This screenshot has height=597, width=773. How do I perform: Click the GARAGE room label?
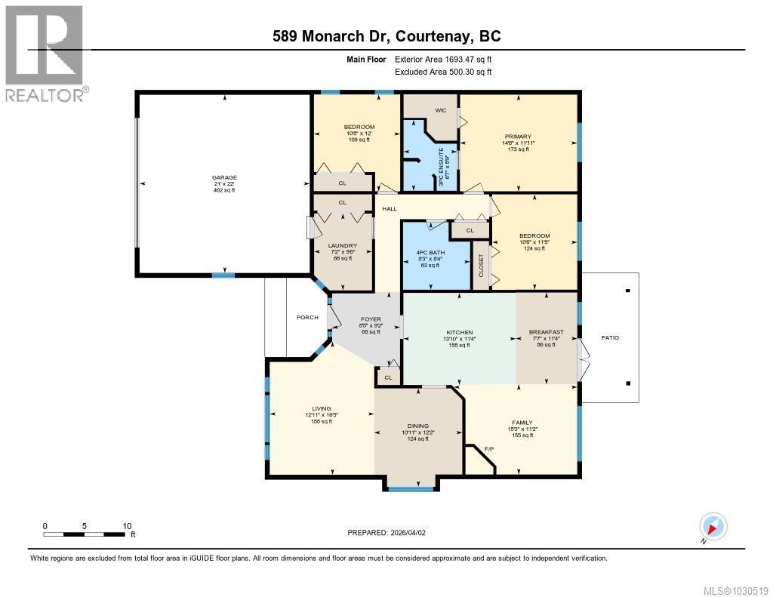coord(224,178)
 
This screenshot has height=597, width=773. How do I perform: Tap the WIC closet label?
coord(441,110)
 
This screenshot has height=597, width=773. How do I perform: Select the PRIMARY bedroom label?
coord(519,137)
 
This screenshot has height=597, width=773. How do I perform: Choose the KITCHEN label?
coord(459,332)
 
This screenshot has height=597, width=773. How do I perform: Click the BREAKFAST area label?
coord(545,332)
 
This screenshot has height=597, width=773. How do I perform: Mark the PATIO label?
coord(610,337)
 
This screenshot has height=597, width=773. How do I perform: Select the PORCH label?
coord(307,317)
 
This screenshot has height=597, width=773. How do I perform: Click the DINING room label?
coord(418,426)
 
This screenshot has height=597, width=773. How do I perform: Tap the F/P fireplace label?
coord(488,450)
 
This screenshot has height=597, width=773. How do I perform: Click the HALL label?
coord(390,209)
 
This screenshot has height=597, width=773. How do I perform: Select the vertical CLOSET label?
coord(481,266)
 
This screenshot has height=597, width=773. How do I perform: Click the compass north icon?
coord(713,527)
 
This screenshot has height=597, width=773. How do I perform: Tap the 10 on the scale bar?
coord(127,526)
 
